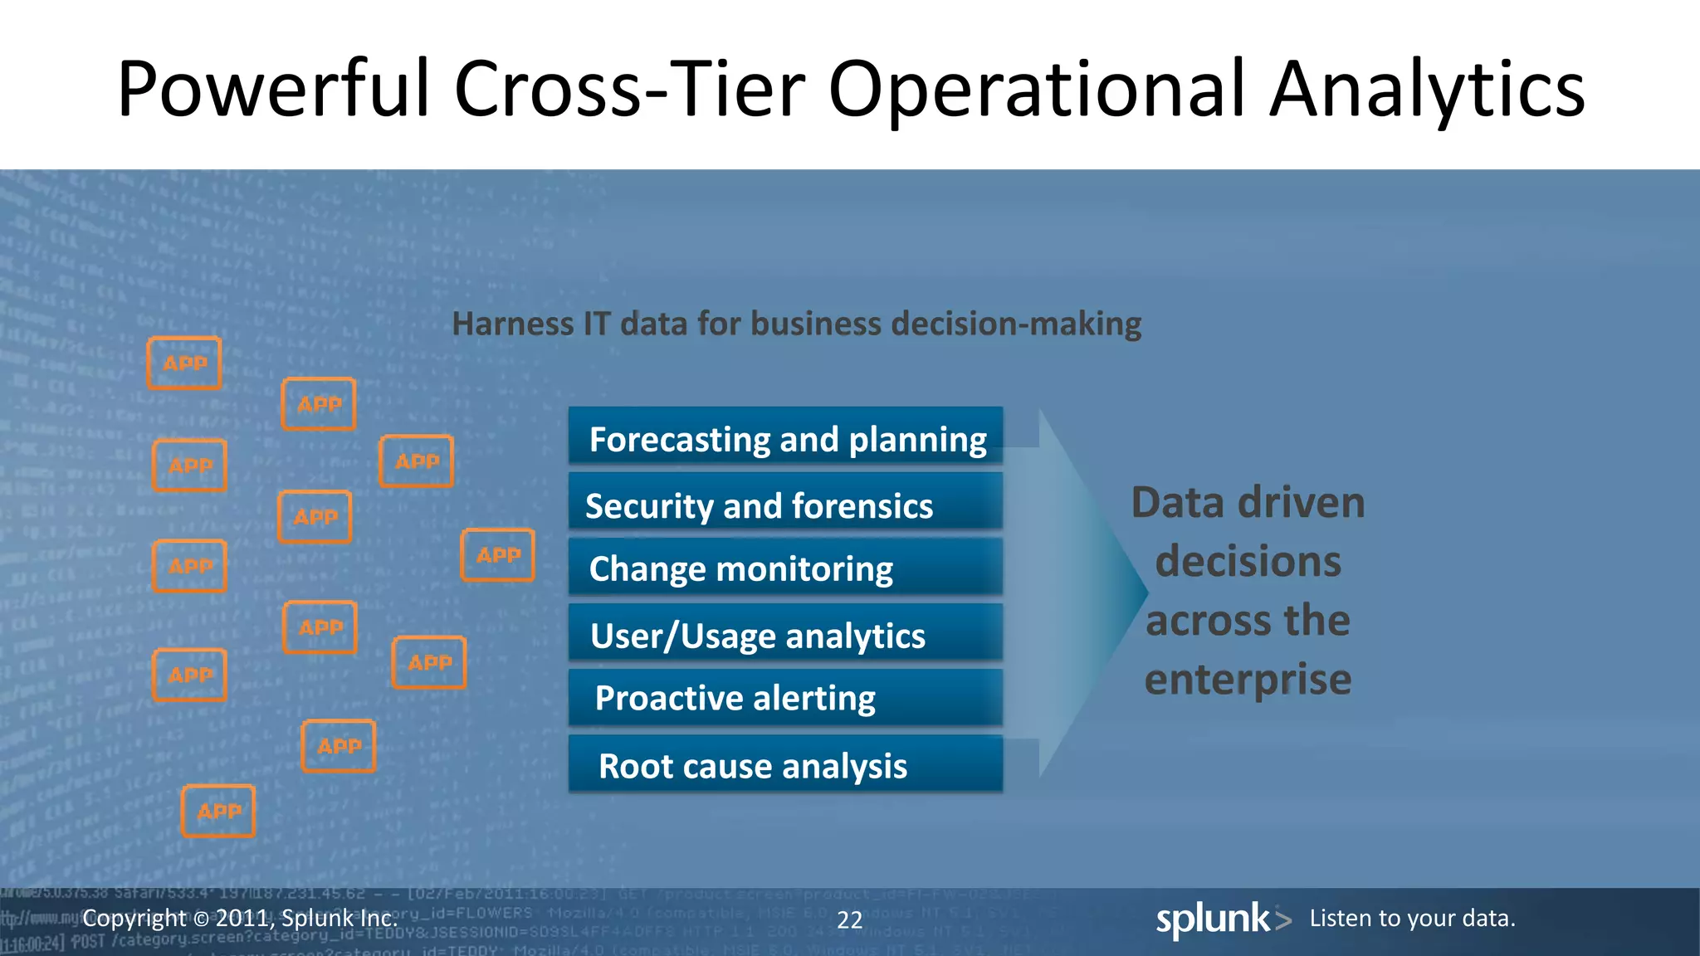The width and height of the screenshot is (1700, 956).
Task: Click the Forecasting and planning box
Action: click(x=785, y=437)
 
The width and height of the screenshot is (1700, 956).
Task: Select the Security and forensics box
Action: click(x=785, y=504)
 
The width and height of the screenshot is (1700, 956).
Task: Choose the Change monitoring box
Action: click(x=785, y=568)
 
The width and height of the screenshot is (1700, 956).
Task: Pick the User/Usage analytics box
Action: click(x=785, y=634)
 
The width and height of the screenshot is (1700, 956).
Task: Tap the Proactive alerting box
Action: click(x=785, y=698)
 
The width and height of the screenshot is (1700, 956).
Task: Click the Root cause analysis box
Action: click(x=785, y=764)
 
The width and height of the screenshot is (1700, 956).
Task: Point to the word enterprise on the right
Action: click(x=1248, y=679)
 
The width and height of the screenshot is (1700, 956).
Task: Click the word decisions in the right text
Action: click(x=1248, y=562)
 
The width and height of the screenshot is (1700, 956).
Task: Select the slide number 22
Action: click(x=849, y=919)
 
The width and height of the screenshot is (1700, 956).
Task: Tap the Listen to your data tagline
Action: click(x=1412, y=919)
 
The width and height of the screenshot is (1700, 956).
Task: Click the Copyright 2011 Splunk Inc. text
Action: click(x=240, y=919)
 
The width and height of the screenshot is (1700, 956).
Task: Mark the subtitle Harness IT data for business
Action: click(x=796, y=324)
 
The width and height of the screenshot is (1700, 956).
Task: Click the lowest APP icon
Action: click(x=218, y=811)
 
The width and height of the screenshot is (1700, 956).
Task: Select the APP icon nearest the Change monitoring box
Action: click(x=497, y=554)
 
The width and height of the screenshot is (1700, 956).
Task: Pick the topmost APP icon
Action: click(x=184, y=363)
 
